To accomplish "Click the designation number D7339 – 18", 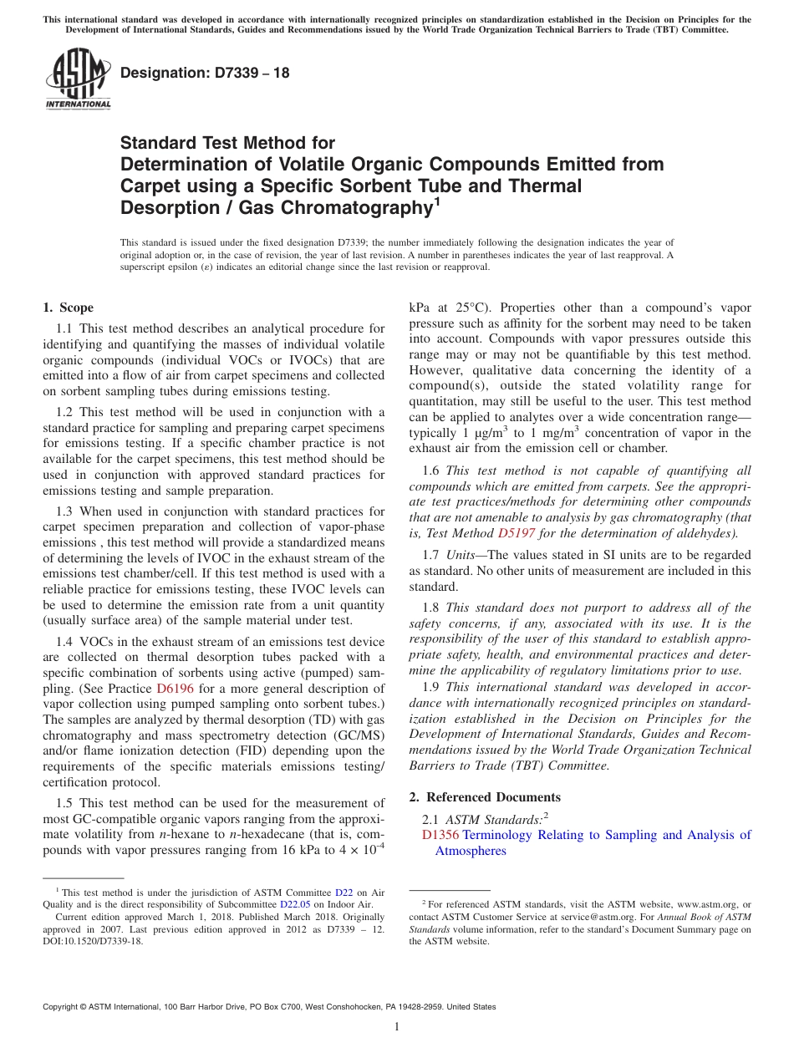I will pyautogui.click(x=205, y=73).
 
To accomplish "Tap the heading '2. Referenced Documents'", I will pyautogui.click(x=485, y=796).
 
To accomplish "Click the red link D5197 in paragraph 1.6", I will pyautogui.click(x=517, y=532).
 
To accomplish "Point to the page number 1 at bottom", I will pyautogui.click(x=397, y=1026).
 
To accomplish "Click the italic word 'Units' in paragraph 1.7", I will pyautogui.click(x=460, y=555).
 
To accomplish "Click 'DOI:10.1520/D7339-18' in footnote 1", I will pyautogui.click(x=93, y=940).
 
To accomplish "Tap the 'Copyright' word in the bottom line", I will pyautogui.click(x=64, y=1007).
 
